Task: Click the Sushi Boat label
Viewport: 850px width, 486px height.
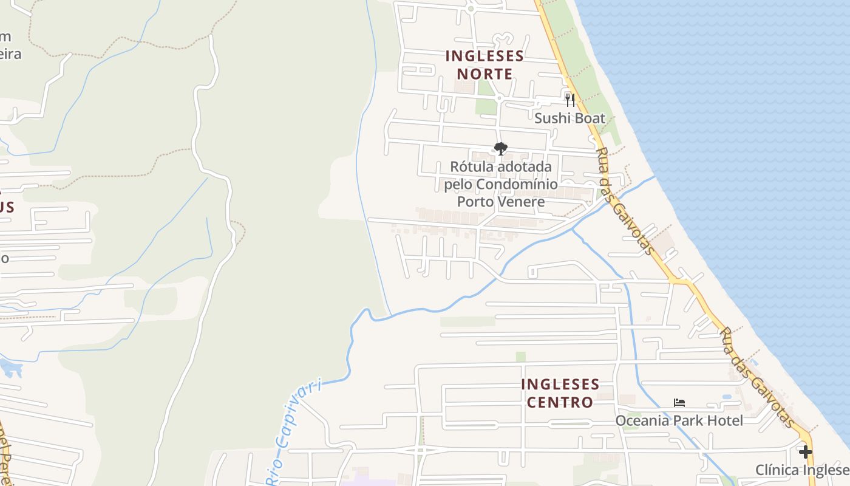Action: click(569, 118)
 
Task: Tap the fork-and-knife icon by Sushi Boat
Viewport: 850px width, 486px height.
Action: click(569, 100)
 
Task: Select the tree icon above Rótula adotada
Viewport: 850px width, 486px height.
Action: click(500, 148)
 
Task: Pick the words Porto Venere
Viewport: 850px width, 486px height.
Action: click(500, 201)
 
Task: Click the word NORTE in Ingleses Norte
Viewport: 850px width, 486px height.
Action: click(484, 74)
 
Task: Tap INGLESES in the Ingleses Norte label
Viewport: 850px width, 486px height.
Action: click(484, 56)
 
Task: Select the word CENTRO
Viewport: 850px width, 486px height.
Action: click(560, 402)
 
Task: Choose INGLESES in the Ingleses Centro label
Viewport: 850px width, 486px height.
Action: click(560, 385)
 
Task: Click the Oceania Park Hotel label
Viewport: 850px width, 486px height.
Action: click(679, 420)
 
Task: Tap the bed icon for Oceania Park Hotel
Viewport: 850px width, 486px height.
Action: click(679, 402)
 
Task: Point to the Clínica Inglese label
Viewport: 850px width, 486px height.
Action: click(802, 470)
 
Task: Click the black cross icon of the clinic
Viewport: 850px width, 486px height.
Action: click(805, 452)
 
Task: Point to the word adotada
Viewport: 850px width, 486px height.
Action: click(523, 166)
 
